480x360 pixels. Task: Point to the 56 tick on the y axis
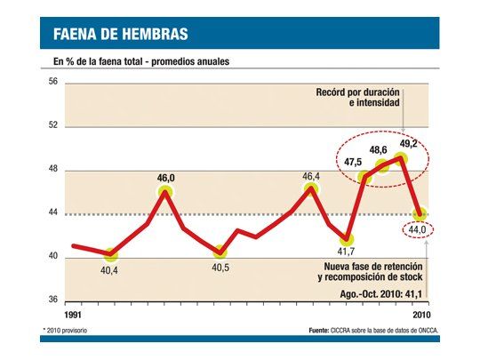coord(52,82)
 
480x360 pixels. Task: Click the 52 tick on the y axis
coord(52,125)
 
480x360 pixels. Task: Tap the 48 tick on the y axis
coord(52,169)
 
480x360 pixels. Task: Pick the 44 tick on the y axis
coord(52,213)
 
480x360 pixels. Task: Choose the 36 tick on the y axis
coord(52,300)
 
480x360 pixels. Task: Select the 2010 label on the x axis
coord(420,316)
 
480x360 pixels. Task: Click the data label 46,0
coord(166,178)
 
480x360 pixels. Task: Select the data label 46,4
coord(311,177)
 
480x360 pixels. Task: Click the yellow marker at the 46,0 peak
coord(165,192)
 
